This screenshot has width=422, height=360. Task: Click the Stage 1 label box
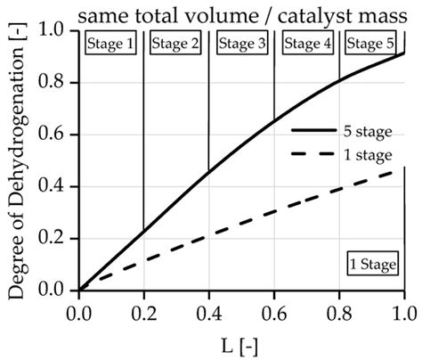pos(110,44)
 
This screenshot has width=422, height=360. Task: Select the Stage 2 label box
pos(176,44)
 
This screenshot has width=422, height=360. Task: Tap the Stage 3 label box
pos(241,44)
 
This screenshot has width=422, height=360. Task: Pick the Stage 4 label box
pos(306,44)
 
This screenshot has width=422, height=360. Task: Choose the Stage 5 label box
pos(371,44)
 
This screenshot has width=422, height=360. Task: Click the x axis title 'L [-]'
pos(240,342)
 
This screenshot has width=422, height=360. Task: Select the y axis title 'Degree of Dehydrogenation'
pos(15,160)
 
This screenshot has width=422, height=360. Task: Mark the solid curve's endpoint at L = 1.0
pos(404,53)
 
